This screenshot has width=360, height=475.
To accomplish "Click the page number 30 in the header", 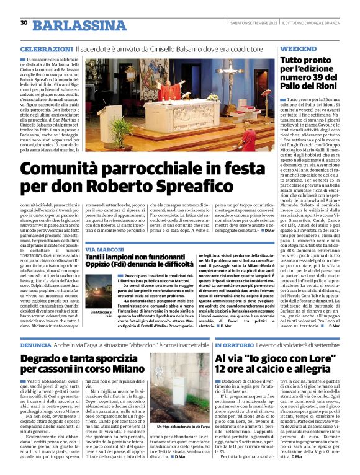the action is (x=24, y=22).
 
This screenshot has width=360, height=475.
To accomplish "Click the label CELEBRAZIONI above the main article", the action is (x=47, y=48).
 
